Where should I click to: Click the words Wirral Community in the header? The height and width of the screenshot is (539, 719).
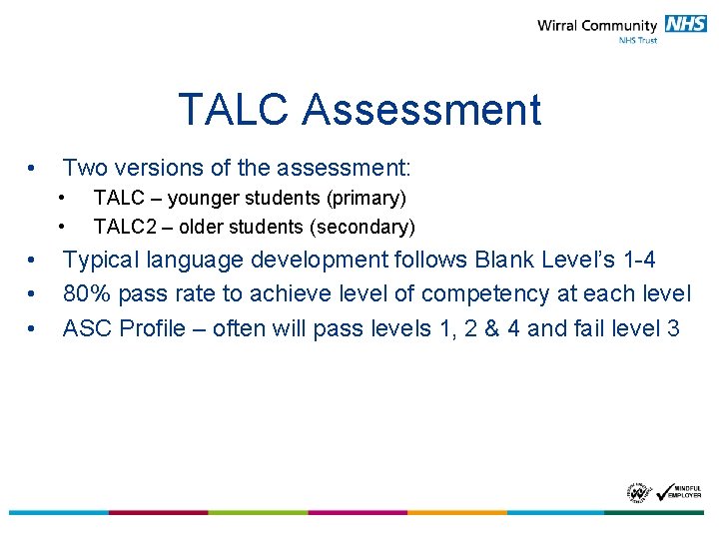597,26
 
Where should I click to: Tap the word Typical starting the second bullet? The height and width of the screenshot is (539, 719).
101,261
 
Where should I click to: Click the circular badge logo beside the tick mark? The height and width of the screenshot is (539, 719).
637,492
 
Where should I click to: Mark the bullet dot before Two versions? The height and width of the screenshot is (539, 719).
34,168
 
